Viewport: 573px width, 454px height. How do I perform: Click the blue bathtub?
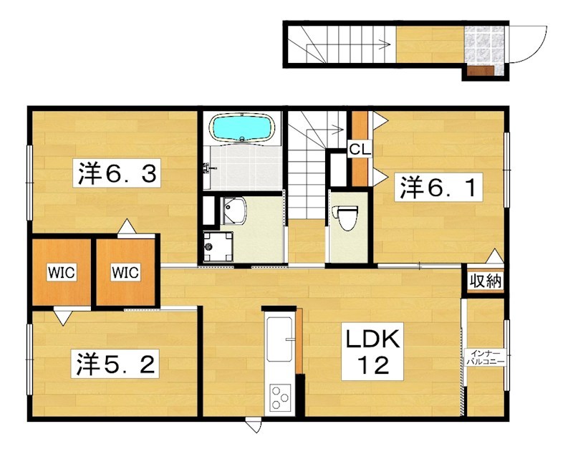[242, 127]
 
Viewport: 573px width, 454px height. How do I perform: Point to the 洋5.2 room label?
[115, 364]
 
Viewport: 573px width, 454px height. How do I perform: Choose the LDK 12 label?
[372, 352]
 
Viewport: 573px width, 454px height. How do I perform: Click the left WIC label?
[62, 273]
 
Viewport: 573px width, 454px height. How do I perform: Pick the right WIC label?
[125, 272]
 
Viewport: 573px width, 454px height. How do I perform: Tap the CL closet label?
[360, 149]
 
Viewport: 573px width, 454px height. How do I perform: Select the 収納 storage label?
[486, 281]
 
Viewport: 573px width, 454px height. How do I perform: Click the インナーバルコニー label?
[485, 357]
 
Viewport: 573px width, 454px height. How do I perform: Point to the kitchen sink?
[279, 339]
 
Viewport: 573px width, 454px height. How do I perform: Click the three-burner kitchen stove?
[280, 397]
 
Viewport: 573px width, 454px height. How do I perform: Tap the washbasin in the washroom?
[234, 211]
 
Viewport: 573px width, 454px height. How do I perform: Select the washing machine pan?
[218, 247]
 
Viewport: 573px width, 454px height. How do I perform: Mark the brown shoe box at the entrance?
[480, 70]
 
